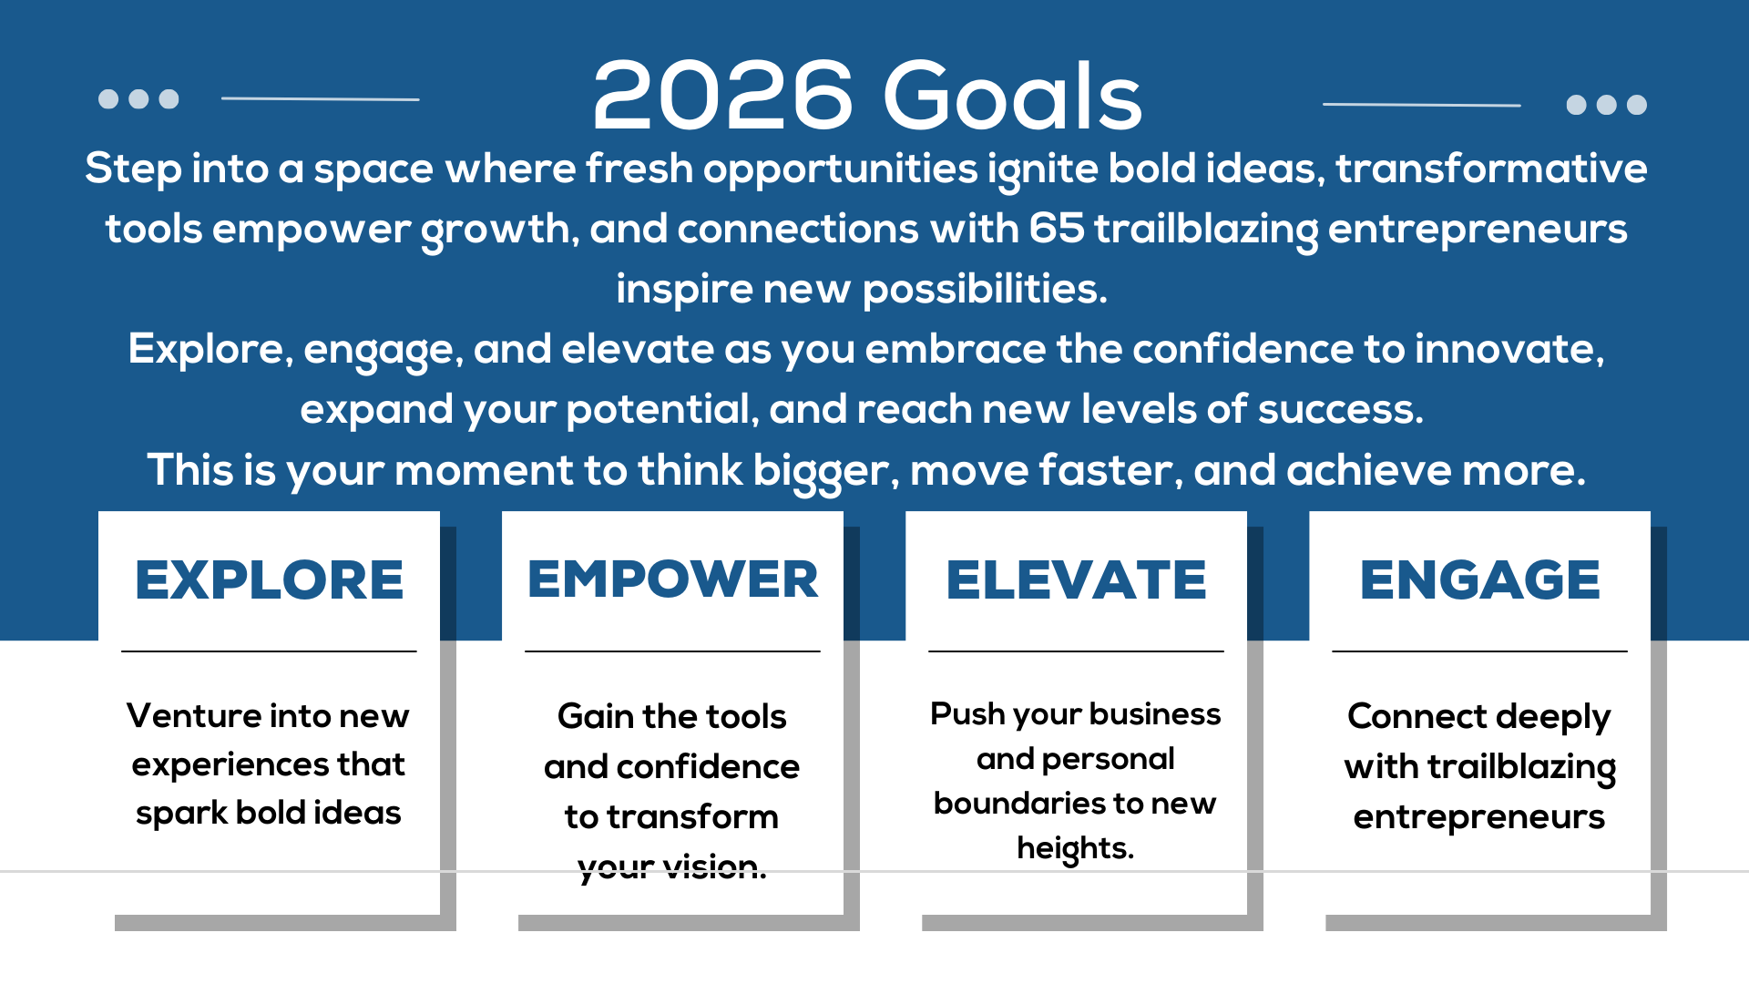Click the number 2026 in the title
coord(722,97)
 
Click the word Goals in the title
coord(1012,97)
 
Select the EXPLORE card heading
coord(269,580)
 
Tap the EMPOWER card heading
coord(672,580)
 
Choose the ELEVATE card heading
coord(1076,580)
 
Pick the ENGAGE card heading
coord(1479,580)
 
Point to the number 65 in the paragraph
coord(1057,229)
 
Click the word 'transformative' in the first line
coord(1491,169)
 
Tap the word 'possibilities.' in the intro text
coord(985,290)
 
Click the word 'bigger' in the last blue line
coord(824,472)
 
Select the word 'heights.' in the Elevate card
coord(1075,848)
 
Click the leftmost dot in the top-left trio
coord(108,98)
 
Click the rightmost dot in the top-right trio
coord(1637,105)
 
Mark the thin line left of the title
coord(320,98)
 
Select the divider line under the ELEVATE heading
coord(1076,651)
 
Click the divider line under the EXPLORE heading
coord(269,651)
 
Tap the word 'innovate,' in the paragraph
coord(1509,350)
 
